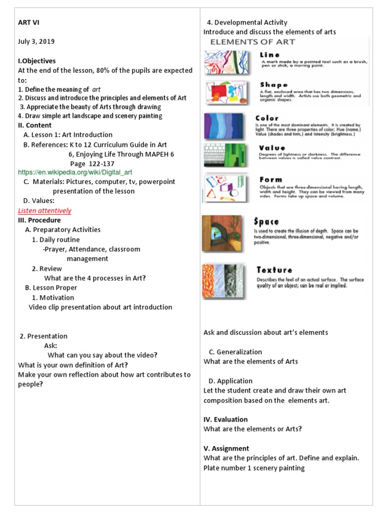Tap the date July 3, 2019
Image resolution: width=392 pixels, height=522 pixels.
[x=36, y=42]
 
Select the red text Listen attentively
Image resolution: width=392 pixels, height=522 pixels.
[x=44, y=211]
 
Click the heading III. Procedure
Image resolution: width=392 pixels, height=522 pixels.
[x=39, y=220]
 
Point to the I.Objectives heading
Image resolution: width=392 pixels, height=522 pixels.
[x=37, y=61]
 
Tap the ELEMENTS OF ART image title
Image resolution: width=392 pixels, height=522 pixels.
[x=253, y=42]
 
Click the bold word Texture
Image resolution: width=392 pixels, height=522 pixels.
[x=275, y=270]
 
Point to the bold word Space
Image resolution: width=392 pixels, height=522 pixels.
[x=267, y=222]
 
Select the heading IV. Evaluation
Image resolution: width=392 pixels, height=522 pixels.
[x=226, y=420]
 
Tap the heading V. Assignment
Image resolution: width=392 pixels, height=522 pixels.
[x=226, y=449]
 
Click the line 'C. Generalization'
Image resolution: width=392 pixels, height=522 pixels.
[x=235, y=352]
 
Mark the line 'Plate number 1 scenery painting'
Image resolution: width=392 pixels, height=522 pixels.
[x=254, y=468]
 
